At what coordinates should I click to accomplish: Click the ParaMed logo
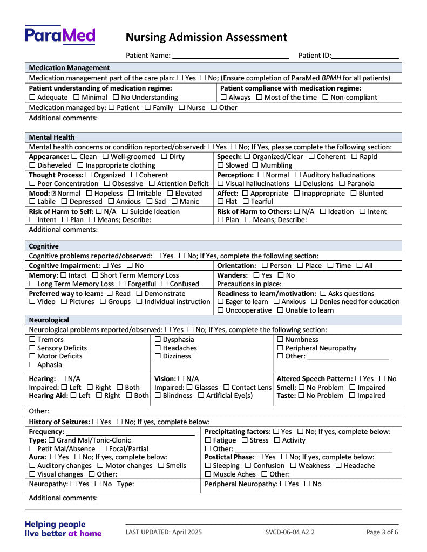point(60,35)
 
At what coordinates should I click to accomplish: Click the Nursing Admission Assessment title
point(206,37)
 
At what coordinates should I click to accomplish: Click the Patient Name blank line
point(231,56)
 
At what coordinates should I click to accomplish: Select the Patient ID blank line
point(365,56)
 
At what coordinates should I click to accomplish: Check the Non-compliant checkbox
point(326,98)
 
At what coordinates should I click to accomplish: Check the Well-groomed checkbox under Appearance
point(106,157)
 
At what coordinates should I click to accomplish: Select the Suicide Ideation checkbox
point(125,212)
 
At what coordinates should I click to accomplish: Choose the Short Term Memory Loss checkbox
point(96,275)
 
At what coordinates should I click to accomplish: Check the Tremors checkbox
point(32,340)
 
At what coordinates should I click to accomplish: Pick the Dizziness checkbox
point(158,356)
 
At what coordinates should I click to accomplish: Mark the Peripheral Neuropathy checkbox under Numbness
point(280,348)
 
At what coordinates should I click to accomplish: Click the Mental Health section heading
point(52,137)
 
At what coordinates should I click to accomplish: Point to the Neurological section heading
point(49,320)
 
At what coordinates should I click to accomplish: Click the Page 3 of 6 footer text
point(382,532)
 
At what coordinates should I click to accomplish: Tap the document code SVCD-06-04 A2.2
point(290,532)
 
